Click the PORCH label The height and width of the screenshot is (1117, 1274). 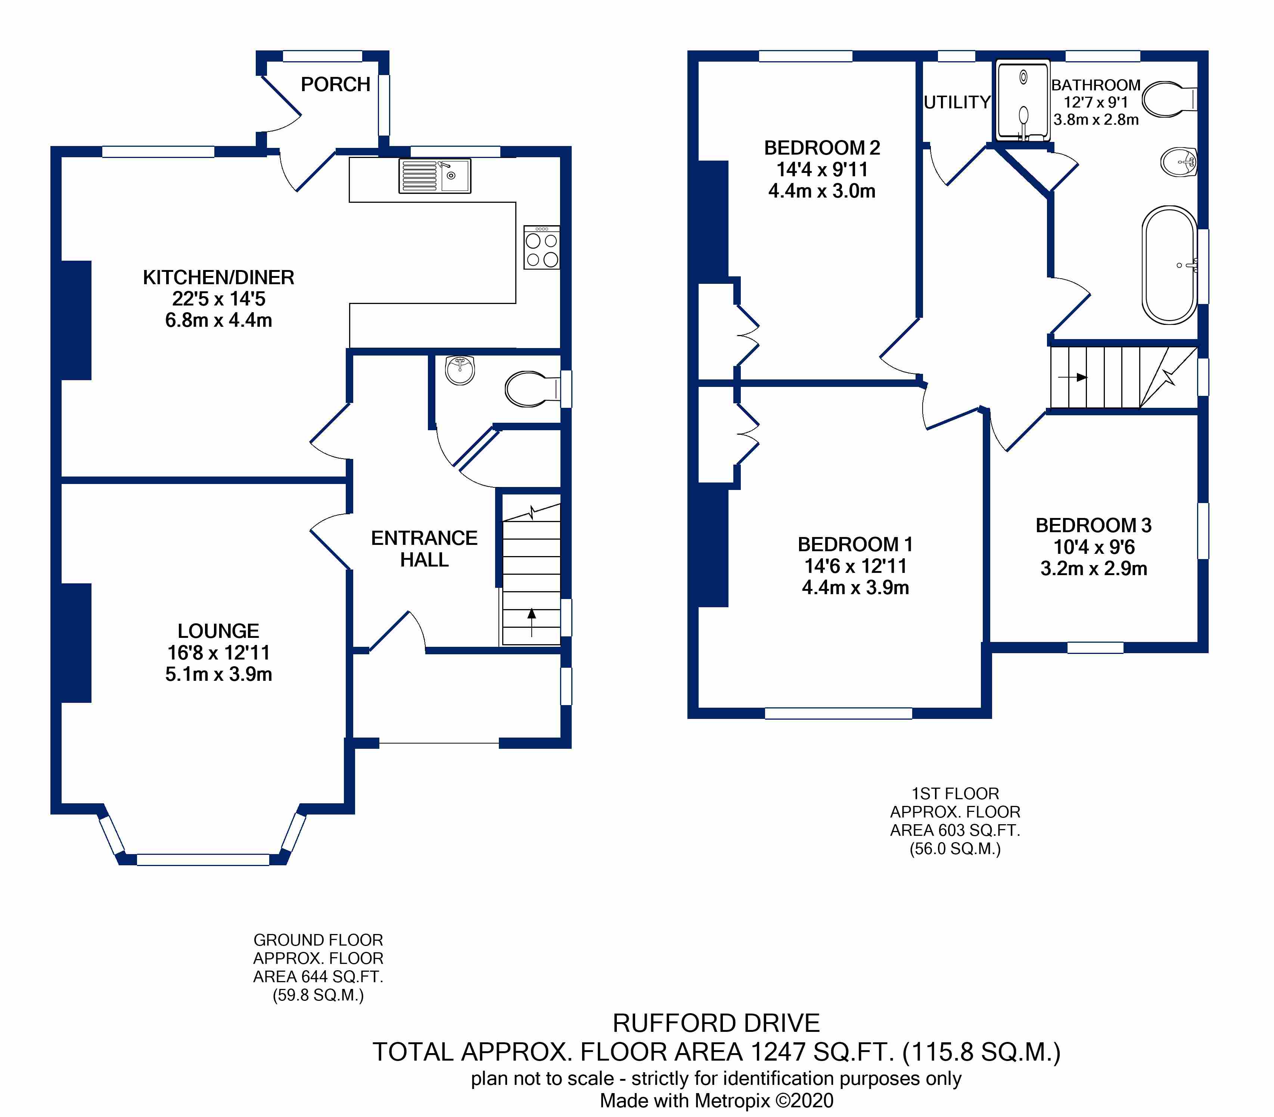[335, 84]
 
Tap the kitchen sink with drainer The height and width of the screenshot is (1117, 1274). [434, 176]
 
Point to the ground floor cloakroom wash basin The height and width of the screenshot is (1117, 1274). [460, 370]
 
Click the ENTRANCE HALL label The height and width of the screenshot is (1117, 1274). [425, 549]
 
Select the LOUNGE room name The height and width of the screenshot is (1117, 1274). [218, 631]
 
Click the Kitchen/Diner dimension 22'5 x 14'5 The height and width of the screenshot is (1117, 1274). [219, 298]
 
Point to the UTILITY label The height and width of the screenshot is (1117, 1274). [957, 102]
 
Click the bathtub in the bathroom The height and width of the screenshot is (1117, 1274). [1170, 265]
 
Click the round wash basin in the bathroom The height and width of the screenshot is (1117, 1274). [1178, 163]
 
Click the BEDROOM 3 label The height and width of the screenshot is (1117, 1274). [1094, 525]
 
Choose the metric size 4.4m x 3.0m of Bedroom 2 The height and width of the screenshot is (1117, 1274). [822, 191]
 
